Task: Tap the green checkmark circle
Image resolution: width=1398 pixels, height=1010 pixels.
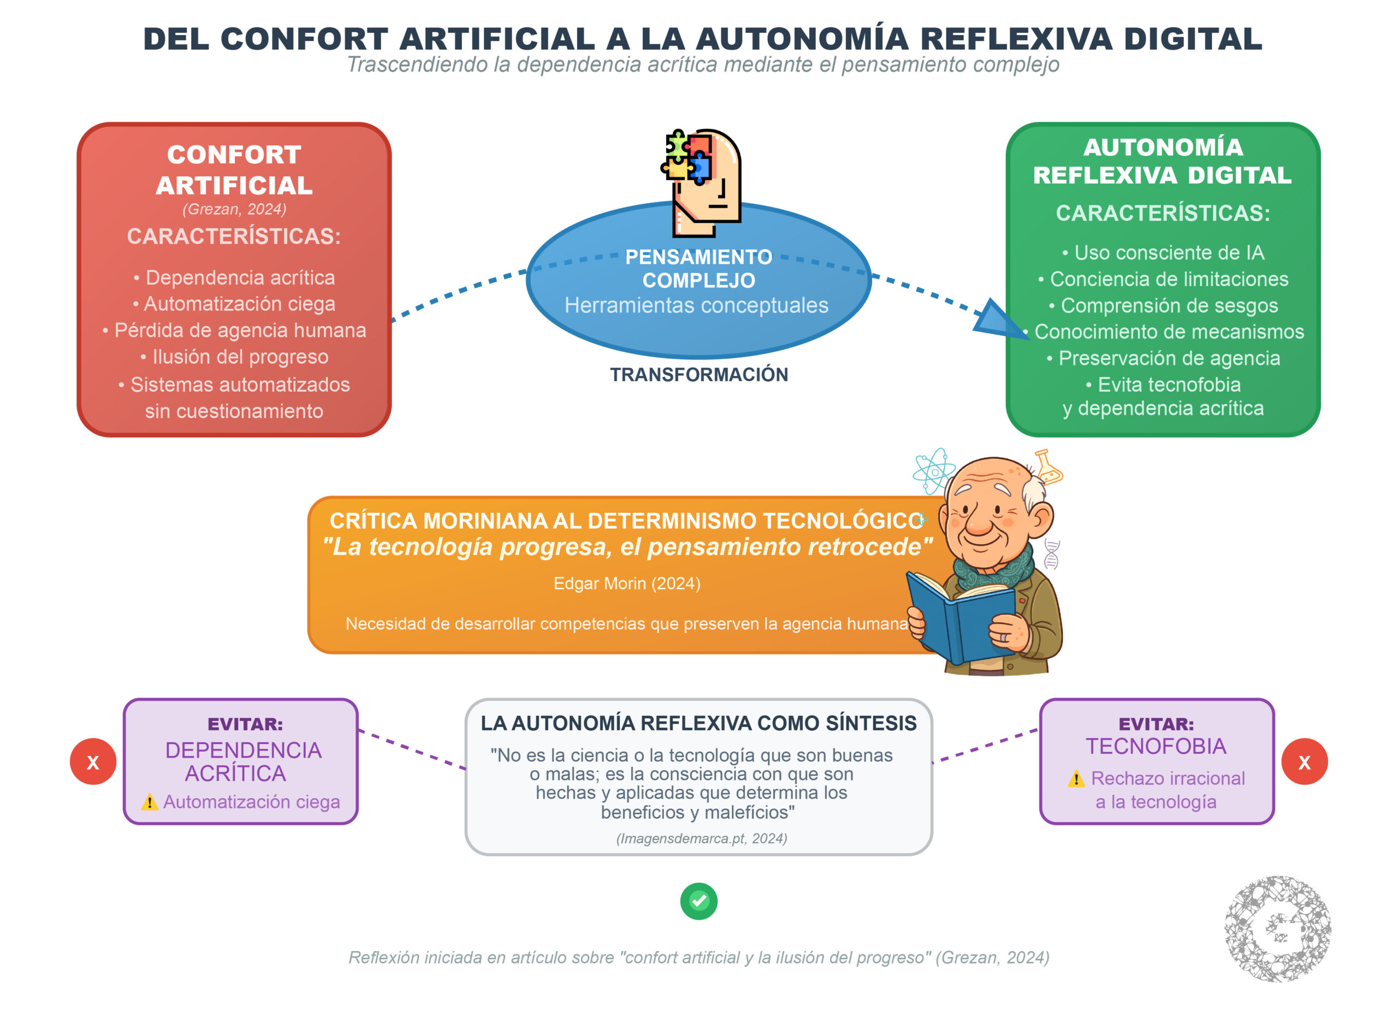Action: coord(698,901)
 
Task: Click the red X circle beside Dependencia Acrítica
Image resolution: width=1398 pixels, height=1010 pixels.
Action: coord(93,761)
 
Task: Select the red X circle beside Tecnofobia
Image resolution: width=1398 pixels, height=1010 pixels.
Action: coord(1304,761)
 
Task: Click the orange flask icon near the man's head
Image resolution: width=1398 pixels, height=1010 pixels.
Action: coord(1048,468)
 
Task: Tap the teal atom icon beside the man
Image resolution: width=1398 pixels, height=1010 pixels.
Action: coord(934,472)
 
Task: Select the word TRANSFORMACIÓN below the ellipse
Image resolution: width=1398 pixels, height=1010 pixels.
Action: coord(699,375)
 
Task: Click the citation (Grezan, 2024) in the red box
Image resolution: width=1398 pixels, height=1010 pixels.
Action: coord(234,209)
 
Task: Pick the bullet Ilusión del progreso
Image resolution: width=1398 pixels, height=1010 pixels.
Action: coord(234,357)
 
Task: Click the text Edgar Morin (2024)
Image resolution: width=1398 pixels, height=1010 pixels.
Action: coord(627,583)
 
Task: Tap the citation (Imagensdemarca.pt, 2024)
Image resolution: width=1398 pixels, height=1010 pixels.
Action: coord(702,838)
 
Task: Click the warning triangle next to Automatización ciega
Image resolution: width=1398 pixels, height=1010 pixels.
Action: coord(149,802)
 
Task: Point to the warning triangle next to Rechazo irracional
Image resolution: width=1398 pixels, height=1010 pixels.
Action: coord(1076,779)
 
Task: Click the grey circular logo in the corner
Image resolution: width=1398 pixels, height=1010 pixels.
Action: coord(1277,928)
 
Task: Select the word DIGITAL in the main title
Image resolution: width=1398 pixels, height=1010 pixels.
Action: coord(1193,39)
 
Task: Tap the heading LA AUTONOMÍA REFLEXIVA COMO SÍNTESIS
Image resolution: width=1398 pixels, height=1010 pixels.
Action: coord(698,723)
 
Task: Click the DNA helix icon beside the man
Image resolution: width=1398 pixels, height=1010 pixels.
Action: coord(1052,554)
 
